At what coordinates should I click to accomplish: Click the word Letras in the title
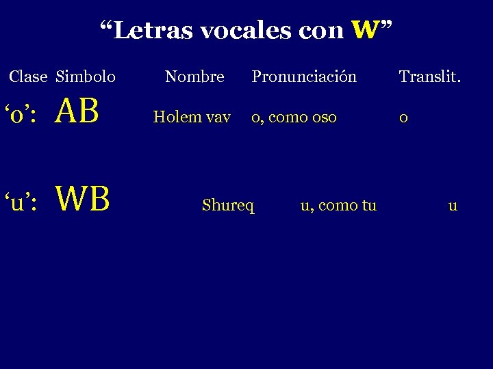point(147,31)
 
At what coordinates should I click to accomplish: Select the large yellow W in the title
point(365,30)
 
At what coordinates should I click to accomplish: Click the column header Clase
point(29,77)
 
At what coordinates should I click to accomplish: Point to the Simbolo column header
point(86,77)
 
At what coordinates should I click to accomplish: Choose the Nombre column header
point(194,77)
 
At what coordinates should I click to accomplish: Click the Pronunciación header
point(304,77)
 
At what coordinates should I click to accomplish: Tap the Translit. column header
point(430,77)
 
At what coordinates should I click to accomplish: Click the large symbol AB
point(79,111)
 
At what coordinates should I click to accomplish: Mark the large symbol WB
point(82,199)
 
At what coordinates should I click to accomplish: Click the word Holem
point(174,117)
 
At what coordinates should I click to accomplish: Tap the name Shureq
point(228,205)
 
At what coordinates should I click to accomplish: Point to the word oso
point(324,118)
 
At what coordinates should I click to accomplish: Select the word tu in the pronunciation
point(369,205)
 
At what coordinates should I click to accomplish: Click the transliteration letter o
point(404,118)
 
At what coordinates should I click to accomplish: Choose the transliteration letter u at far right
point(453,205)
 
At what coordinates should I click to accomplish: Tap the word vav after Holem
point(217,118)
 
